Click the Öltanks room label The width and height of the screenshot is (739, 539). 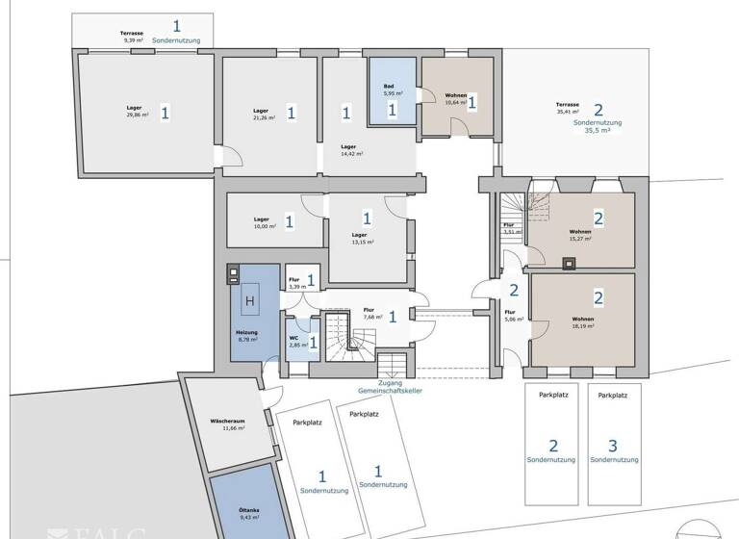(x=228, y=512)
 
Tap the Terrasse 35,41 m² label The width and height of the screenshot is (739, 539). (x=568, y=108)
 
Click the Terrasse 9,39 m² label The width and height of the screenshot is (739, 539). (x=132, y=37)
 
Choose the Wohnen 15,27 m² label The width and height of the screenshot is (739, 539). (x=579, y=235)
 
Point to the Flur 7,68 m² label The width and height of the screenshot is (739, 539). (x=371, y=313)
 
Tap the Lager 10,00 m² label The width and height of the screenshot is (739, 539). (x=263, y=222)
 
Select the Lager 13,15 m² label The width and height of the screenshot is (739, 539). (x=361, y=238)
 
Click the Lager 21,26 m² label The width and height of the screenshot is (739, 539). (x=263, y=115)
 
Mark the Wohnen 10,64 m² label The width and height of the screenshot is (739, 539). (x=455, y=99)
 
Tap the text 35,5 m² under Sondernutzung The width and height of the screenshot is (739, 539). (x=598, y=129)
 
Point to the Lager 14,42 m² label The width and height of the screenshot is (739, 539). (x=351, y=150)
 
